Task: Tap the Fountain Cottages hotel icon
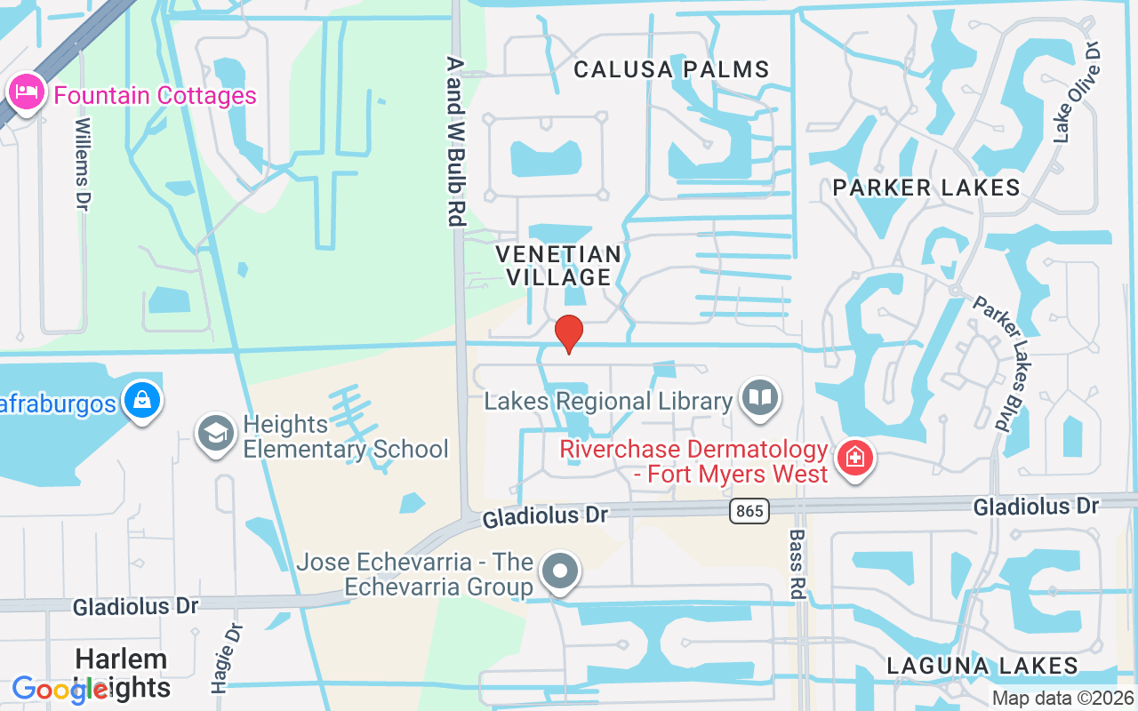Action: tap(27, 92)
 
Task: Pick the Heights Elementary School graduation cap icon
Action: tap(216, 435)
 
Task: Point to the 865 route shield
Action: tap(749, 510)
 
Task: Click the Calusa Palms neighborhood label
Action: tap(671, 69)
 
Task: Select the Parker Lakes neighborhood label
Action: tap(926, 188)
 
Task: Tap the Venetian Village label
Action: tap(559, 266)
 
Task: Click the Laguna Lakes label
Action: tap(982, 666)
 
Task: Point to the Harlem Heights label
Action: tap(122, 673)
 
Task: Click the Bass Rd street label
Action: tap(797, 564)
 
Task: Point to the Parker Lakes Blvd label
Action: tap(1001, 363)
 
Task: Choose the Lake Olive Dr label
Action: tap(1077, 92)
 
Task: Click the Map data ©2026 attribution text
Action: tap(1063, 698)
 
